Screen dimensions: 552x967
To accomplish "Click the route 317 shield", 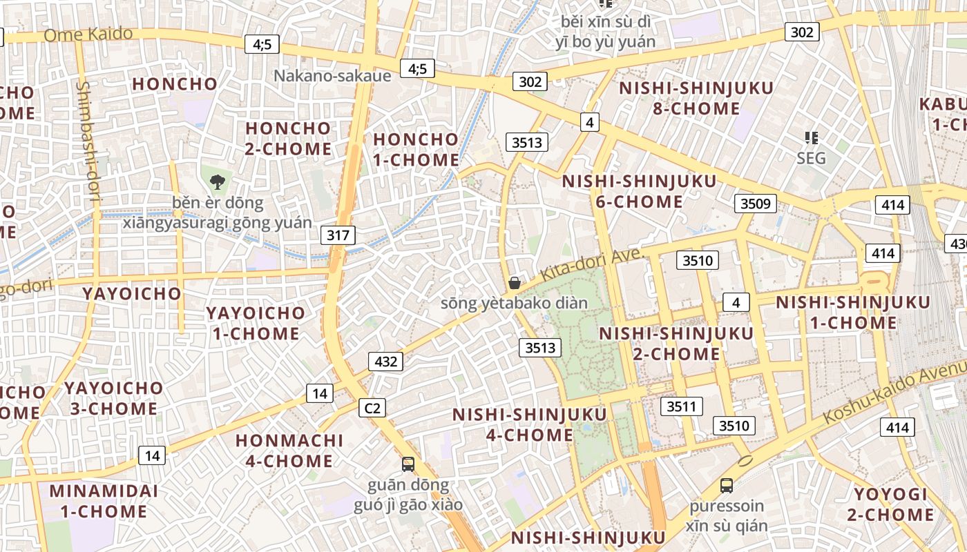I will tap(338, 235).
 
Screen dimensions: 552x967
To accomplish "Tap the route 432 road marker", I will tap(385, 361).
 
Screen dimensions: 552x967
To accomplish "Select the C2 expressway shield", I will tap(372, 408).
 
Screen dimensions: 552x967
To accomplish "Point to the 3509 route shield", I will tap(755, 204).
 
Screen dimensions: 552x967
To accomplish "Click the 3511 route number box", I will tap(681, 406).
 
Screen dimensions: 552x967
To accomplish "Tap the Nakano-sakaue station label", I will tap(332, 75).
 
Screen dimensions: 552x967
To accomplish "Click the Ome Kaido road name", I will tap(88, 34).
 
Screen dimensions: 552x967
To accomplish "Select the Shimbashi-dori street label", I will tap(88, 141).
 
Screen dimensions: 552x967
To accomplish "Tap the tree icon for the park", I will tap(218, 182).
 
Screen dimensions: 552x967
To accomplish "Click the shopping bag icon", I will tap(514, 283).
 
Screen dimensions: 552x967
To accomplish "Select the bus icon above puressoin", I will tap(726, 485).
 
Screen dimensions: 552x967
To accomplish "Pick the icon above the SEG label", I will tap(811, 138).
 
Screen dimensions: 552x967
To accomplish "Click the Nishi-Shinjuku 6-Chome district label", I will tap(639, 191).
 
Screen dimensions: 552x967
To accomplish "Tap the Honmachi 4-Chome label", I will tap(289, 450).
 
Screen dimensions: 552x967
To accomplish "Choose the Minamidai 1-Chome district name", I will tap(104, 501).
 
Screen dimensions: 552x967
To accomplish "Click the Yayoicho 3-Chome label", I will tap(114, 398).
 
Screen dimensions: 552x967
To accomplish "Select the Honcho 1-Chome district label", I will tap(416, 149).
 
